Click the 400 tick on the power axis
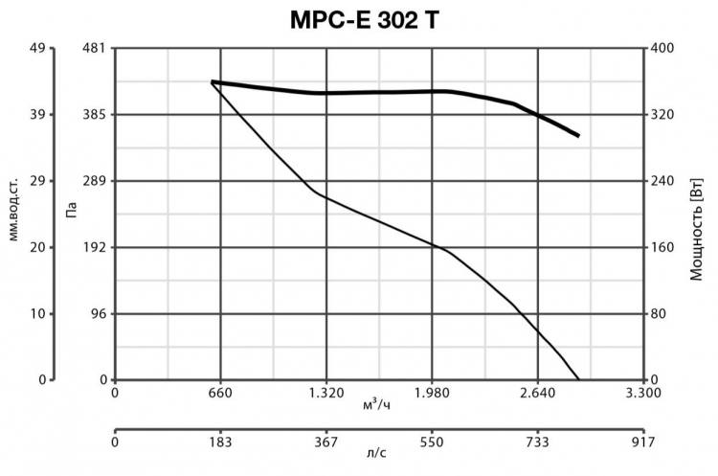(x=663, y=49)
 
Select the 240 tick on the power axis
(x=663, y=181)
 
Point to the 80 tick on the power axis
(x=661, y=314)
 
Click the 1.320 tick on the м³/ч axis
(x=326, y=393)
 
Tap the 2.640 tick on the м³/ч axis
(x=538, y=393)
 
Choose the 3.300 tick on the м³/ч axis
(x=643, y=393)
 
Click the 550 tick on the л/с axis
(x=432, y=443)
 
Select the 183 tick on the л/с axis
(x=221, y=443)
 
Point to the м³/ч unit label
(x=376, y=405)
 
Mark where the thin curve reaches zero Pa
(x=579, y=379)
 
